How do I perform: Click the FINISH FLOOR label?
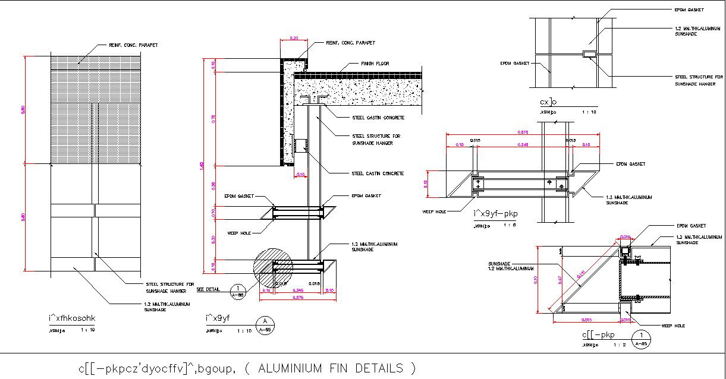click(x=375, y=64)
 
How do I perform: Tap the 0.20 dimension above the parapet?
click(x=294, y=39)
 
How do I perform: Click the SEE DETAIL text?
click(x=208, y=289)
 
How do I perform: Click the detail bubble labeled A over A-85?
click(x=266, y=324)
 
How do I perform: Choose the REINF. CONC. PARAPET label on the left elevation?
click(x=133, y=45)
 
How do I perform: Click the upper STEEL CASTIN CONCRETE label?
click(x=378, y=118)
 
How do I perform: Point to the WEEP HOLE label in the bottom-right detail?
click(x=673, y=326)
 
